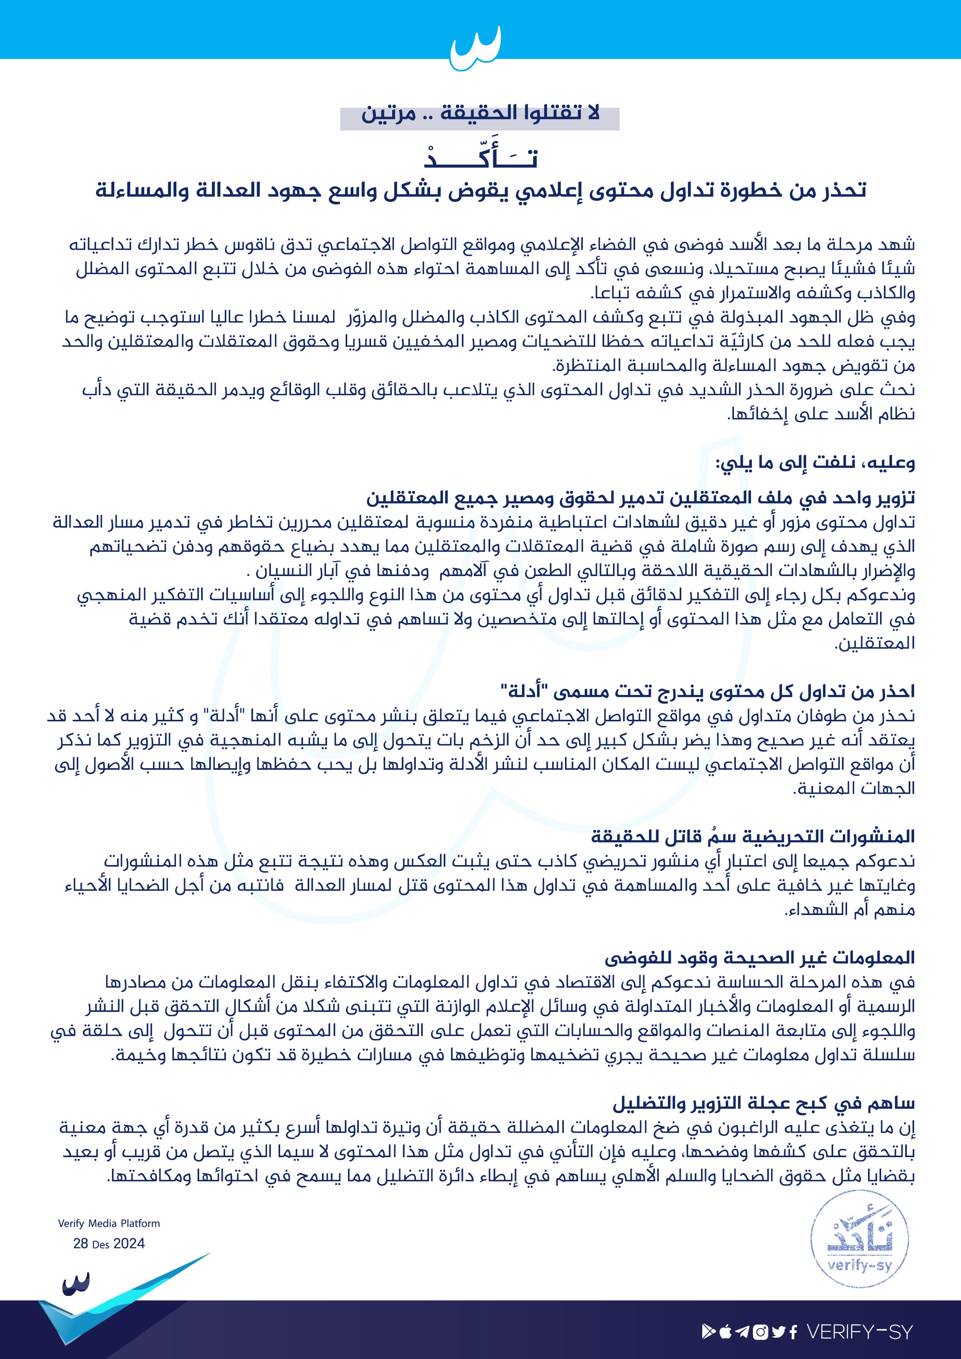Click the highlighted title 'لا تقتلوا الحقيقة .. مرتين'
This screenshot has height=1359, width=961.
480,113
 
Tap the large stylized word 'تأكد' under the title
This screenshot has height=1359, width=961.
480,156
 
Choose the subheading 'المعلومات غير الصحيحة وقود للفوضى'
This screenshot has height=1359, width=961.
759,958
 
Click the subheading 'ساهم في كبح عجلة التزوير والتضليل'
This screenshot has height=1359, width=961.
763,1103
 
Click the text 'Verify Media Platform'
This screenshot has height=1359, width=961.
109,1223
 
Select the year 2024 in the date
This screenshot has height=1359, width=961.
129,1244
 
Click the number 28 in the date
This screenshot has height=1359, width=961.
81,1244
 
